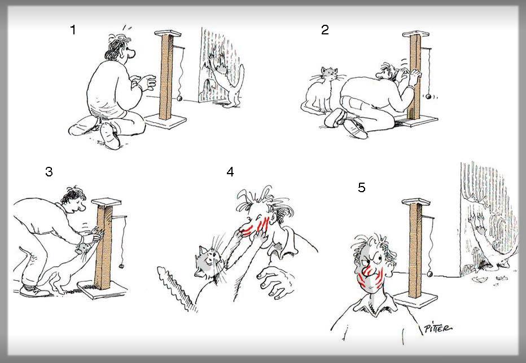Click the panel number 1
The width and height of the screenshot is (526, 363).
73,30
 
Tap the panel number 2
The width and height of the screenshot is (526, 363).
325,30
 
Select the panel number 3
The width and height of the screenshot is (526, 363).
49,171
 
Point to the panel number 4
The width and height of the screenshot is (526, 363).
230,172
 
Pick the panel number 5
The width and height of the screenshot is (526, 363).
362,187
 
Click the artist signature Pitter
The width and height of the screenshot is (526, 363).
438,328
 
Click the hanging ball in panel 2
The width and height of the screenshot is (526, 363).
428,97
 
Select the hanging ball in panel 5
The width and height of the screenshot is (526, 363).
429,275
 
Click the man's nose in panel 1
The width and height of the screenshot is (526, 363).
132,52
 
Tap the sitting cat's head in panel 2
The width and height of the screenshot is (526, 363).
329,73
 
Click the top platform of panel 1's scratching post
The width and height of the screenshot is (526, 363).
168,33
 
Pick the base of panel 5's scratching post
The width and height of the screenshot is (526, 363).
415,298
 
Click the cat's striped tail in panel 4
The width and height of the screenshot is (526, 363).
177,287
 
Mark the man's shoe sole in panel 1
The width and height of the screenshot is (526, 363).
109,136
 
